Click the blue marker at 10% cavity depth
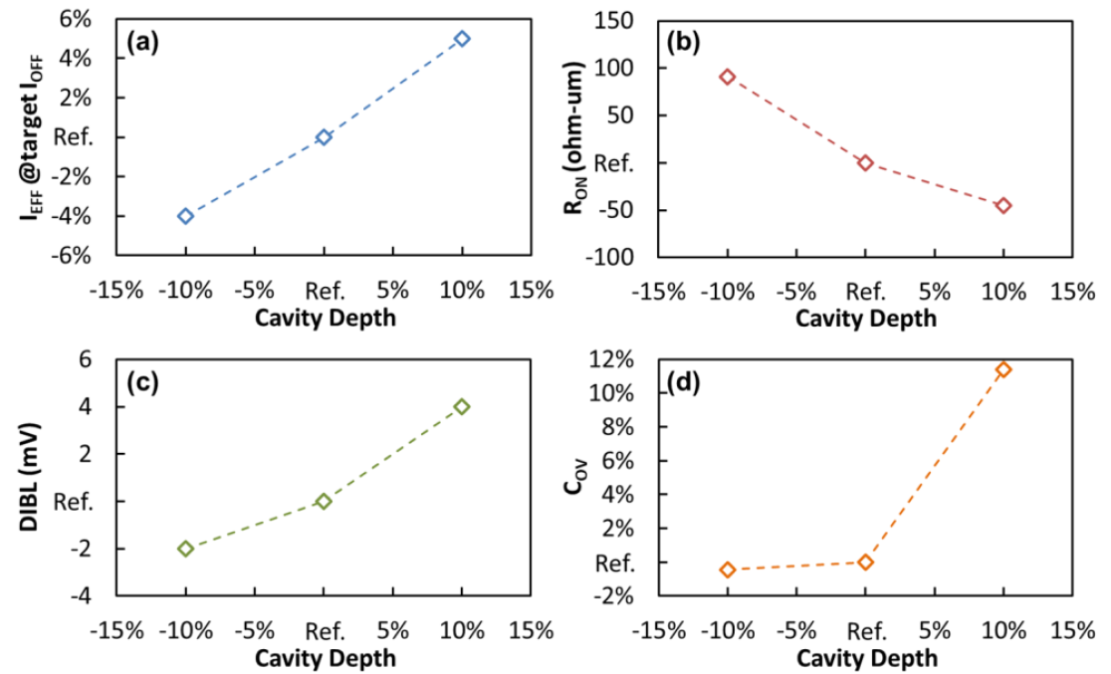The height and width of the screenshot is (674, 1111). click(x=462, y=39)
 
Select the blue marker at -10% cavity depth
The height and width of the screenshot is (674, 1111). click(x=185, y=216)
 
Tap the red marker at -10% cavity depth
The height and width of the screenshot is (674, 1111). click(x=728, y=77)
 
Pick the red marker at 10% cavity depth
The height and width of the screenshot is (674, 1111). click(x=1003, y=205)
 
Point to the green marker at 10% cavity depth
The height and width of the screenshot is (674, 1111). click(x=462, y=406)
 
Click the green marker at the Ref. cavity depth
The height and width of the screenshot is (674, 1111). click(x=324, y=501)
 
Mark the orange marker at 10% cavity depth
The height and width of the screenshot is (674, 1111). click(x=1003, y=369)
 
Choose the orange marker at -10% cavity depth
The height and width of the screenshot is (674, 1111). click(x=728, y=569)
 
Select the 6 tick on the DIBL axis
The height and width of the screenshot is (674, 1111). click(x=85, y=359)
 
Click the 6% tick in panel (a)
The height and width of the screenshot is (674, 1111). click(x=77, y=20)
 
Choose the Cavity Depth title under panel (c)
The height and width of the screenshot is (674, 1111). click(x=325, y=658)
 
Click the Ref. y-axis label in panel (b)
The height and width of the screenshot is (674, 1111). click(x=613, y=162)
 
